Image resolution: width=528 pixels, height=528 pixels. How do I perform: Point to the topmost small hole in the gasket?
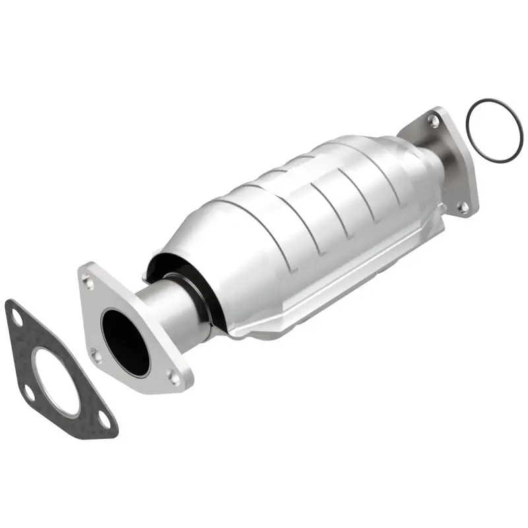point(15,317)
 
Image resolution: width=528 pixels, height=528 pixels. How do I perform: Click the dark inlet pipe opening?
point(125,340)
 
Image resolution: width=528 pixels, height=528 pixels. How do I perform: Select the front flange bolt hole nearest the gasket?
point(96,357)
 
